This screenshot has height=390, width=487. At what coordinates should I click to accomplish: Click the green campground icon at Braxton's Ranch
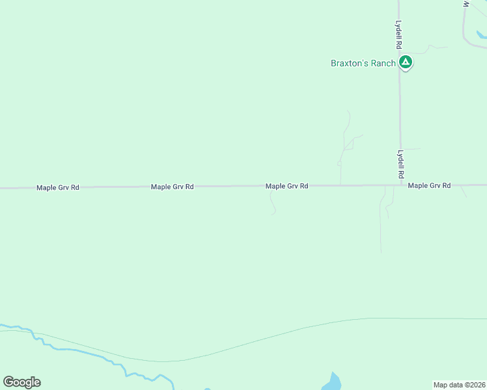pyautogui.click(x=406, y=63)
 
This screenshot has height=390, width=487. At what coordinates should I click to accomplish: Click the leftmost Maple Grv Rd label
pyautogui.click(x=57, y=187)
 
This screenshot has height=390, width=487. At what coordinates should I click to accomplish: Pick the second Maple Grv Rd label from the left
pyautogui.click(x=172, y=187)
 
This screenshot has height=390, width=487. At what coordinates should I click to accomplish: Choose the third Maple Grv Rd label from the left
pyautogui.click(x=286, y=186)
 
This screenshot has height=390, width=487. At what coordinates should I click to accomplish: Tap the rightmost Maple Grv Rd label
pyautogui.click(x=429, y=185)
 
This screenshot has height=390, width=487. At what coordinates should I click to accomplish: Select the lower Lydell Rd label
pyautogui.click(x=400, y=165)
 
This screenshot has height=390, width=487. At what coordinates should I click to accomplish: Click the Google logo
pyautogui.click(x=21, y=382)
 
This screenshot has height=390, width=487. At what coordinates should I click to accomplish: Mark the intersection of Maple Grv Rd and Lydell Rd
pyautogui.click(x=400, y=185)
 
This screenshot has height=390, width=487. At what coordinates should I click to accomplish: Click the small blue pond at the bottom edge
pyautogui.click(x=332, y=382)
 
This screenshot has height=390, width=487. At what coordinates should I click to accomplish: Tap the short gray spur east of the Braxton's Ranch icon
pyautogui.click(x=433, y=47)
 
